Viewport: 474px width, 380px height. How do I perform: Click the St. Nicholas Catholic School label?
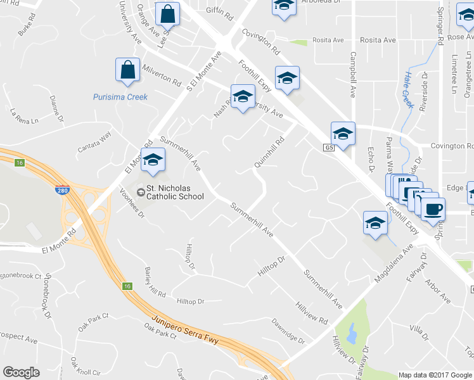point(175,192)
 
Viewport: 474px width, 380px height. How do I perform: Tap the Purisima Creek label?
point(120,97)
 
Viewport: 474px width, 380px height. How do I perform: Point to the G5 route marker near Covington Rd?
point(328,148)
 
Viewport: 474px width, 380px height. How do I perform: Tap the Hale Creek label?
point(407,91)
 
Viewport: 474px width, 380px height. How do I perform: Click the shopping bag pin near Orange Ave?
point(167,15)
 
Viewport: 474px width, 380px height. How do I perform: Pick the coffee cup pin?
point(433,209)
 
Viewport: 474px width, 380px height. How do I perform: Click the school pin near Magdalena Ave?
point(375,224)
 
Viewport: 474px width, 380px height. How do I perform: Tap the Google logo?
point(21,372)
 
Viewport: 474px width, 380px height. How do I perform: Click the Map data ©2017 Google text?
point(435,375)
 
